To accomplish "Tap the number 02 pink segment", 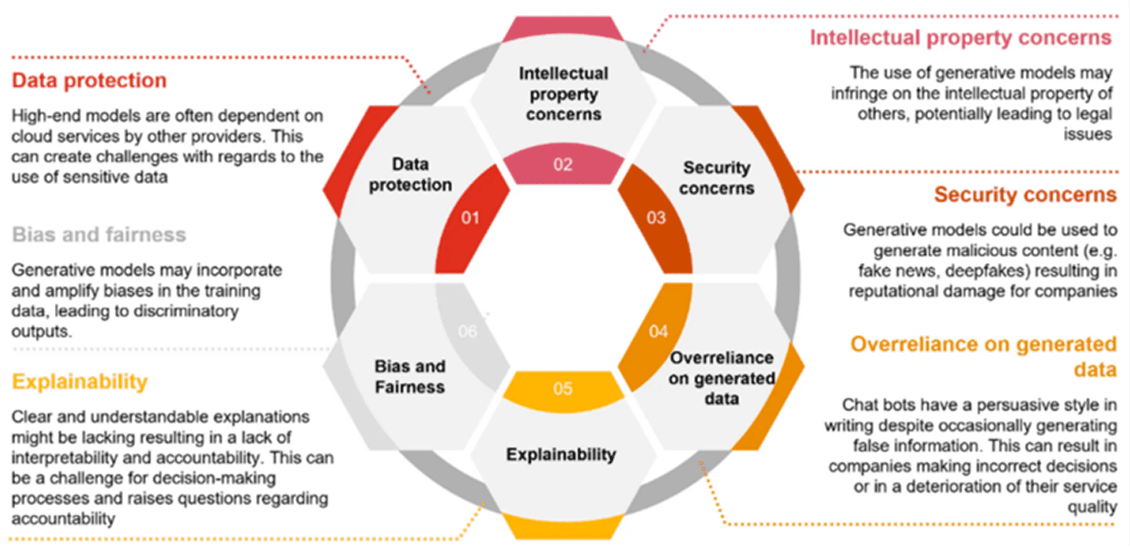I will tap(563, 164).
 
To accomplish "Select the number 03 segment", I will tap(656, 218).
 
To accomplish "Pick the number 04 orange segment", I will tap(657, 331).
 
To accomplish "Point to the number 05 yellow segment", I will tap(563, 389).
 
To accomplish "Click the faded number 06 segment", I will tap(468, 331).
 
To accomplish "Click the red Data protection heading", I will tap(89, 81).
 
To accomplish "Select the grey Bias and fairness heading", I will tap(99, 235).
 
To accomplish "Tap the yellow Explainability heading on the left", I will tap(79, 382).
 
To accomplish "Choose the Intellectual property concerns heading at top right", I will tap(960, 38).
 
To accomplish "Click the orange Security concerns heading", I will tap(1025, 194).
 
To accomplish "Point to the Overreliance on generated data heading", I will tap(983, 356).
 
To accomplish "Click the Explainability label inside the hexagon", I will tap(561, 455).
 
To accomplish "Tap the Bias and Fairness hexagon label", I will tap(410, 377).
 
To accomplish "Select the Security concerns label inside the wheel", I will tap(716, 178).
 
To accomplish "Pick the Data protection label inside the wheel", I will tap(410, 174).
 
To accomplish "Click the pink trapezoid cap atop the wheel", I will tap(563, 28).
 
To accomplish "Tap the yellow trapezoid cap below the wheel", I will tap(563, 525).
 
